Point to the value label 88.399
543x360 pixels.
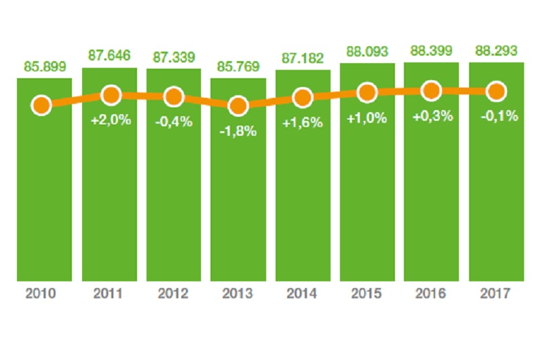pyautogui.click(x=431, y=52)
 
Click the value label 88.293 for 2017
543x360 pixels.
pyautogui.click(x=495, y=52)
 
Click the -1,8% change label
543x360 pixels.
pyautogui.click(x=238, y=131)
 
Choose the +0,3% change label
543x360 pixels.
pyautogui.click(x=432, y=116)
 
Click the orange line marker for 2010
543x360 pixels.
pyautogui.click(x=42, y=105)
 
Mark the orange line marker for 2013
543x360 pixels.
pyautogui.click(x=238, y=105)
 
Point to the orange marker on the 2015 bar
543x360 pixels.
pyautogui.click(x=367, y=92)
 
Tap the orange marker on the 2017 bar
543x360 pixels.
pyautogui.click(x=496, y=91)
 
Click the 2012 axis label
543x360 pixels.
pyautogui.click(x=174, y=294)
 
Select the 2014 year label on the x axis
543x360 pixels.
pyautogui.click(x=303, y=294)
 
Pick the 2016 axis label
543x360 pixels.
pyautogui.click(x=431, y=294)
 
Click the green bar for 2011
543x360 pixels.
pyautogui.click(x=109, y=204)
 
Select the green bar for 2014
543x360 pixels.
pyautogui.click(x=303, y=204)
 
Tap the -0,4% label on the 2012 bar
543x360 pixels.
pyautogui.click(x=174, y=122)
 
